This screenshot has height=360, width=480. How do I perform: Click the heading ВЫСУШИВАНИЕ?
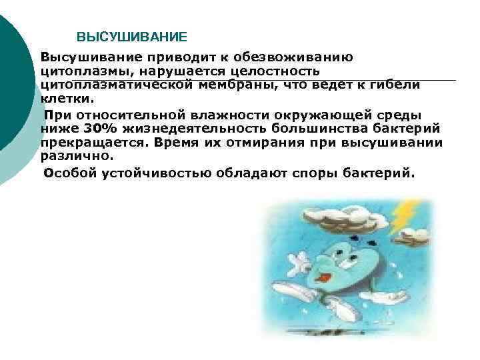132,36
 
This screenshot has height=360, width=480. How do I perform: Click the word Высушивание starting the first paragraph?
81,57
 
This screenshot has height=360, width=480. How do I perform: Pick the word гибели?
401,85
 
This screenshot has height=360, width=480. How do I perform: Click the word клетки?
64,99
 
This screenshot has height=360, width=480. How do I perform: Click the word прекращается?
92,142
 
